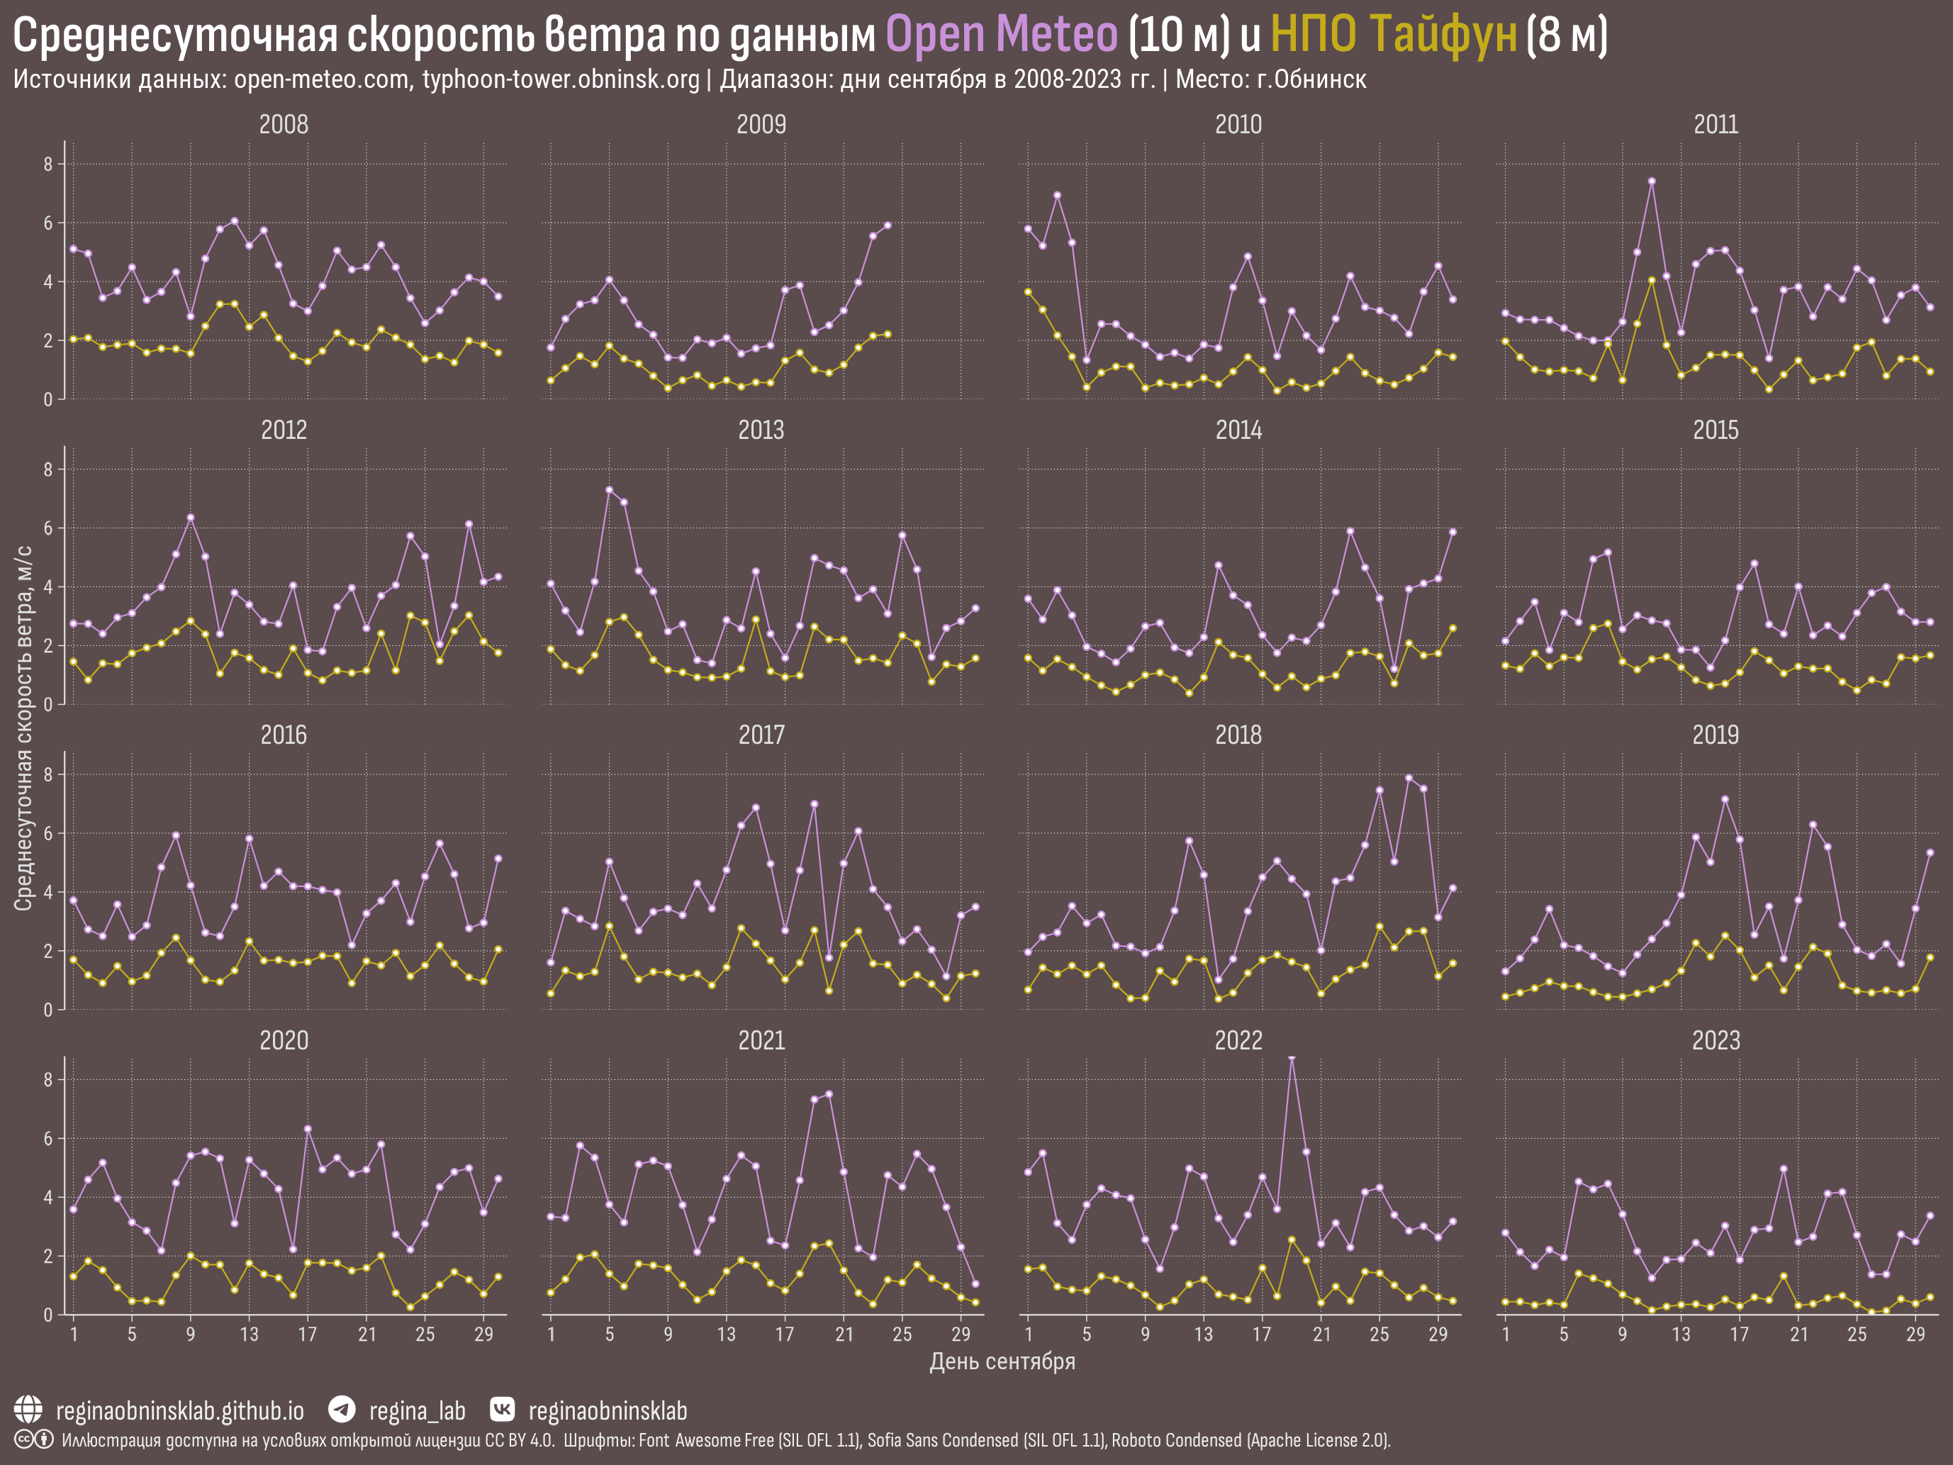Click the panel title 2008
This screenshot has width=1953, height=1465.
pos(284,125)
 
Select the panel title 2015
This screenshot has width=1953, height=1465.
pos(1716,430)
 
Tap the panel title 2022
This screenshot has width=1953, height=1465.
pos(1238,1041)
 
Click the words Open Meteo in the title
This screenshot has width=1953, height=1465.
pos(1001,35)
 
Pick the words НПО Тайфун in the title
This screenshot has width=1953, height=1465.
pos(1393,35)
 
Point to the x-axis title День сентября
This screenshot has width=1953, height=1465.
pos(1002,1361)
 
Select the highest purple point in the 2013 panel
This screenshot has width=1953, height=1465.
pos(609,490)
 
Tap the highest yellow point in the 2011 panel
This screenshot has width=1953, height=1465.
pos(1651,281)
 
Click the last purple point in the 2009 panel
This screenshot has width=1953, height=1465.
pos(888,225)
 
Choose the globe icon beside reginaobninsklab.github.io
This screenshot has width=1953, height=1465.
pos(28,1410)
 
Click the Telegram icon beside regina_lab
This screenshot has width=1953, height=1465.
pos(342,1410)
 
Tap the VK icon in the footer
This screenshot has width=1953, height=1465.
pos(501,1410)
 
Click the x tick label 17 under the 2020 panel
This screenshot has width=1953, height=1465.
pos(307,1335)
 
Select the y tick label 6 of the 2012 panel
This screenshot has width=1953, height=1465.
pos(49,529)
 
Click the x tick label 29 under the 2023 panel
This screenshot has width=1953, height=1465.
pos(1915,1335)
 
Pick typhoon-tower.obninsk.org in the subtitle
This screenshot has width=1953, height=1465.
pos(561,79)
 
